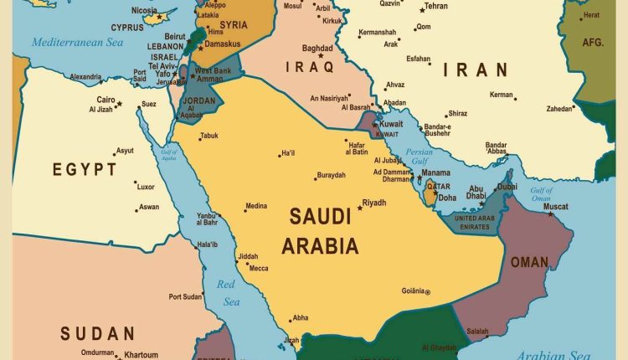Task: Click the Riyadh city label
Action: (x=374, y=202)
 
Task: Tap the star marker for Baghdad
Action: (x=321, y=56)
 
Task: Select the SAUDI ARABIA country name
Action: (x=320, y=231)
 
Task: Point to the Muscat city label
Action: (x=556, y=206)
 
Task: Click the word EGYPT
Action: (x=85, y=170)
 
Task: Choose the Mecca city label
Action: (x=259, y=269)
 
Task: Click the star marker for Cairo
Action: (x=119, y=104)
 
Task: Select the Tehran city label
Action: (x=435, y=6)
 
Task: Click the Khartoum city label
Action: (x=142, y=355)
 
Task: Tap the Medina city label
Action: (x=256, y=206)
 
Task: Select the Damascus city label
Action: (x=223, y=43)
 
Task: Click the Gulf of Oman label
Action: (x=542, y=194)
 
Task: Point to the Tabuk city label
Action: (x=208, y=136)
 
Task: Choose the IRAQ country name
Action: (x=309, y=66)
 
